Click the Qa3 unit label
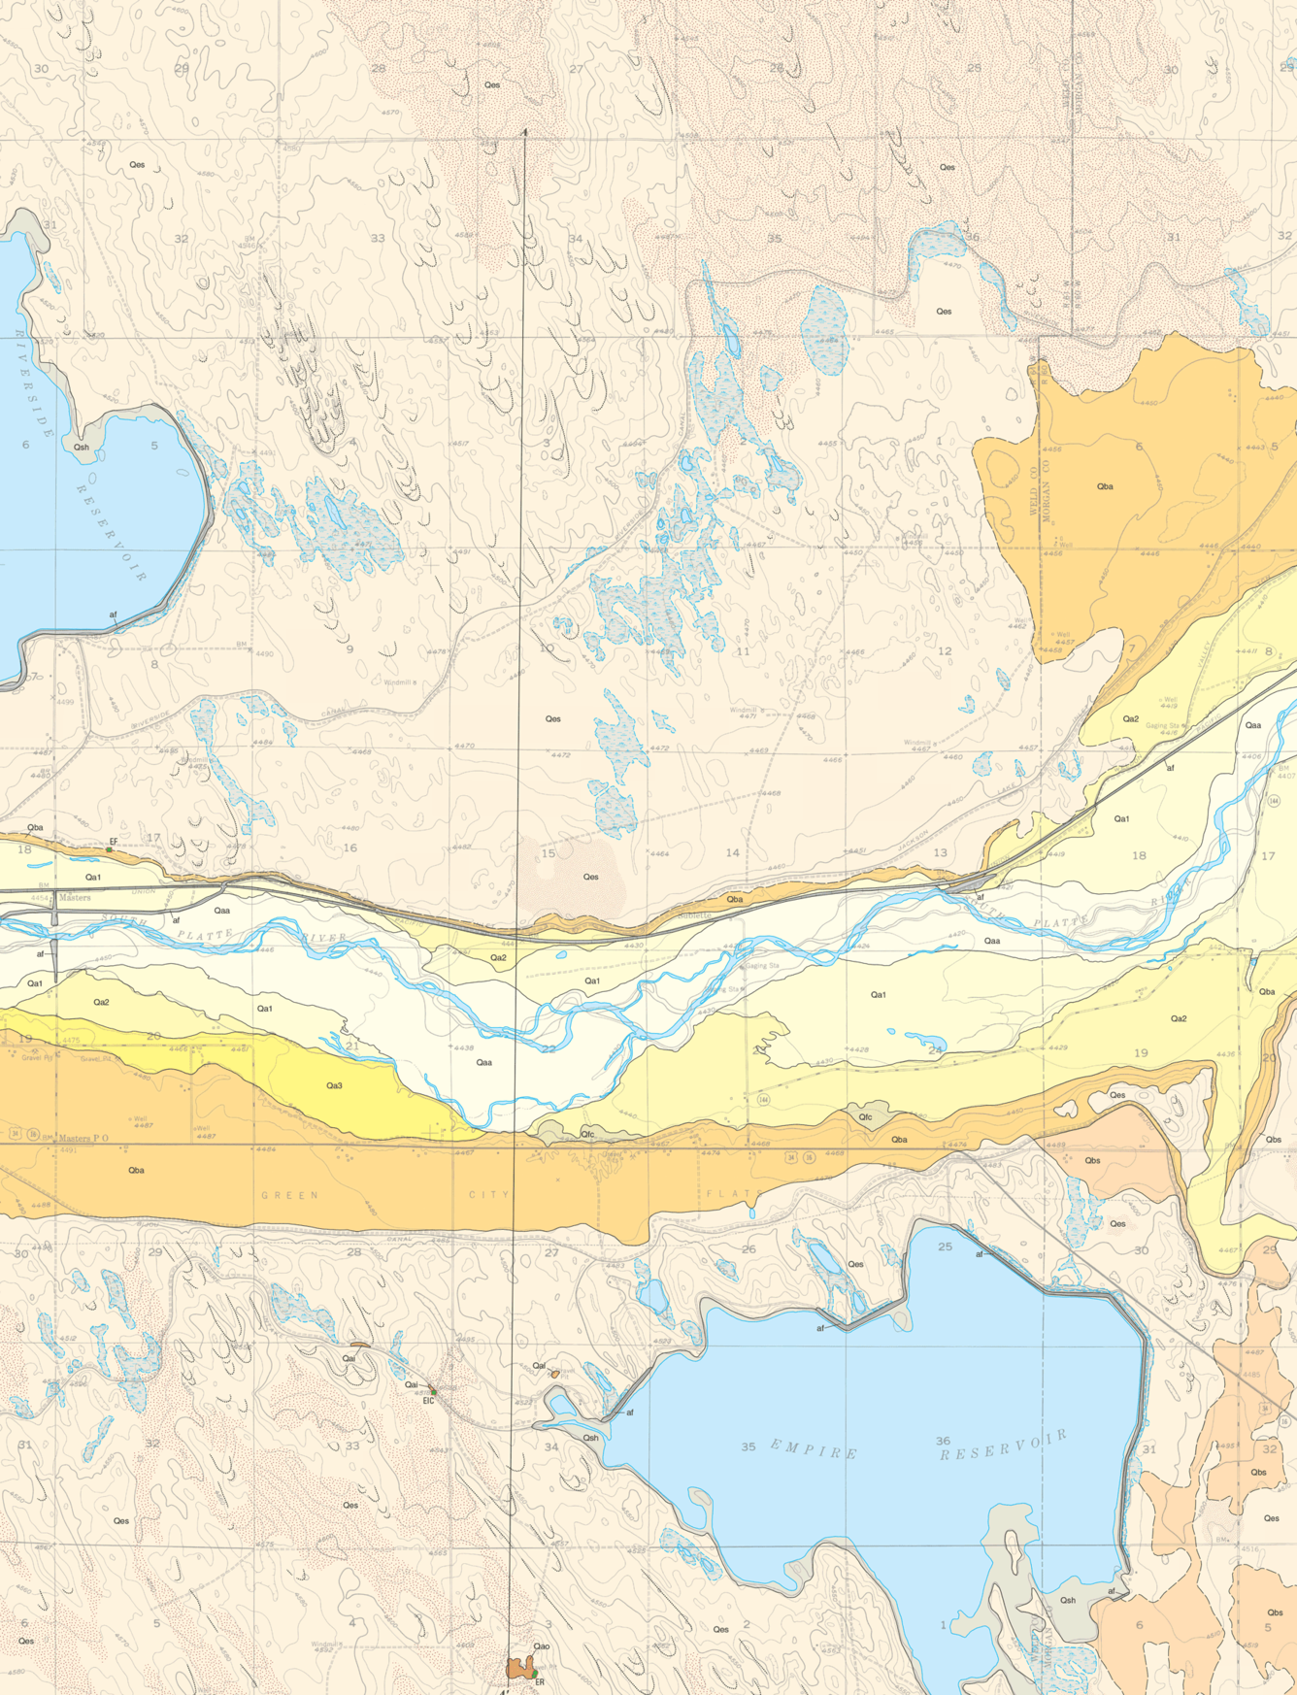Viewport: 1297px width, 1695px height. point(334,1085)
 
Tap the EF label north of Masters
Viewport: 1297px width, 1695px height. point(114,842)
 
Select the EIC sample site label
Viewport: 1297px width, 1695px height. point(428,1400)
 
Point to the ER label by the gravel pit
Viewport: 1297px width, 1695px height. point(540,1681)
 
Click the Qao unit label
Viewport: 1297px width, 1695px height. point(542,1645)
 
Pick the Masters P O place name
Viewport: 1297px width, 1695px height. point(83,1138)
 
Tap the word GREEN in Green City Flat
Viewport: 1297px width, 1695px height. point(289,1195)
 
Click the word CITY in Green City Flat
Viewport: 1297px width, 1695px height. point(489,1194)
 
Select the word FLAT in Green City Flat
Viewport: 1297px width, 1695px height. point(722,1194)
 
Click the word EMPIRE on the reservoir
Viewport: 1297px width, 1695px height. point(814,1451)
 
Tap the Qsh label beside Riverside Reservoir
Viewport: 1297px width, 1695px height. point(82,448)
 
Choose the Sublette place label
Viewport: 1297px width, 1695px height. point(695,915)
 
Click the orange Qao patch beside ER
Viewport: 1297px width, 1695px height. point(518,1668)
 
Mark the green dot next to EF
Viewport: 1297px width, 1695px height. point(110,849)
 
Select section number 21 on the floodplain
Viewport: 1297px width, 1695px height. point(351,1045)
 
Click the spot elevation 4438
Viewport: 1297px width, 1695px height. point(464,1047)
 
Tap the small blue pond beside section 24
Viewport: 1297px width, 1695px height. point(922,1042)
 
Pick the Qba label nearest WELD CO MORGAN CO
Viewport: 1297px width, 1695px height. point(1105,486)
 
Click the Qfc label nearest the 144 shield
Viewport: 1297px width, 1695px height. point(865,1116)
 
